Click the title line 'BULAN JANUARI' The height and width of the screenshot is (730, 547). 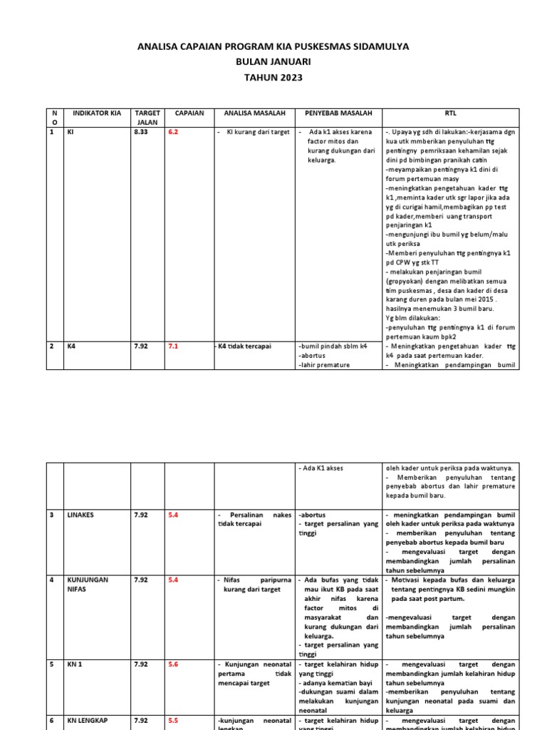click(x=273, y=62)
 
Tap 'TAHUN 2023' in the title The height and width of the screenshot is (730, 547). click(x=273, y=77)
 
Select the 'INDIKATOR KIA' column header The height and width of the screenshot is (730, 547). click(x=97, y=113)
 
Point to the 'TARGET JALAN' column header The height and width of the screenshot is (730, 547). click(x=147, y=118)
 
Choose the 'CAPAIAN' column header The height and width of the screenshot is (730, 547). click(x=189, y=113)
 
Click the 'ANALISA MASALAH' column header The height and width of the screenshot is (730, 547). click(x=254, y=113)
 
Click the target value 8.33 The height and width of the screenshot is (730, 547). click(x=141, y=133)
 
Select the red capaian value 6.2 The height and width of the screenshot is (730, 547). click(x=173, y=133)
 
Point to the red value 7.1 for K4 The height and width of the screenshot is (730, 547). click(x=173, y=346)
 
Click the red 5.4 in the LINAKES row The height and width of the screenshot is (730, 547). click(x=173, y=515)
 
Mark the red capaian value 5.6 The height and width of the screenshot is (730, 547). click(x=173, y=664)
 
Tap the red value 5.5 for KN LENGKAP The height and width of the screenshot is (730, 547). click(x=173, y=721)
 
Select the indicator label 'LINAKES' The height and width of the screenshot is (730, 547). click(x=80, y=515)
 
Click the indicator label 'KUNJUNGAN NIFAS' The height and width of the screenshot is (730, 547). click(x=88, y=585)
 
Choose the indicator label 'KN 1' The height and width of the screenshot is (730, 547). click(x=75, y=664)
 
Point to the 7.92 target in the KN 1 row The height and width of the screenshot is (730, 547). click(x=141, y=664)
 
